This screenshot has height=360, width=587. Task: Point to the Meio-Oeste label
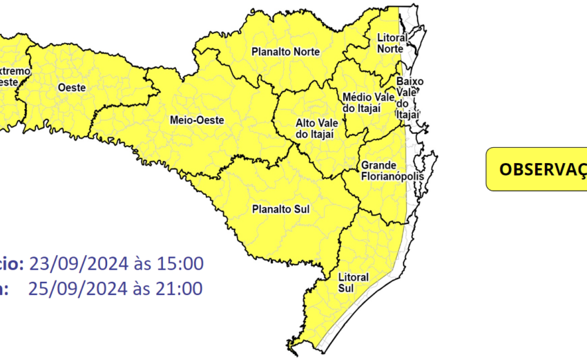197,120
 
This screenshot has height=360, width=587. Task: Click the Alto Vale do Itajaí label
315,128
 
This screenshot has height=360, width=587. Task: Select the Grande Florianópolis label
385,171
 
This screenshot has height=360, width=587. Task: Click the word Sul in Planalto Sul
301,208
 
